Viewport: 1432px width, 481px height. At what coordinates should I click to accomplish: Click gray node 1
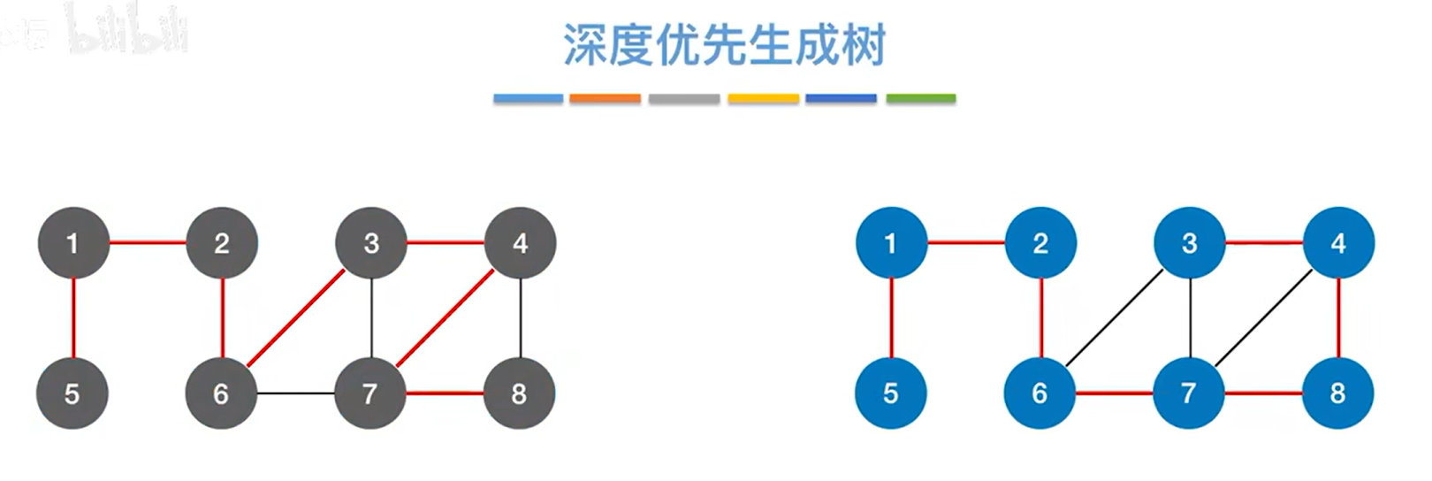pos(73,243)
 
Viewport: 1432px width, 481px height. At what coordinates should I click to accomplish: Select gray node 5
pos(72,393)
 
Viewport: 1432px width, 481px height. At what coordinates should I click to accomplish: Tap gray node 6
pos(221,393)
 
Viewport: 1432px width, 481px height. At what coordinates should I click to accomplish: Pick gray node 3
pos(371,243)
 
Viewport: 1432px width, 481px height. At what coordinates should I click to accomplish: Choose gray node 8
pos(520,393)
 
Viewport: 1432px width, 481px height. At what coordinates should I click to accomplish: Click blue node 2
pos(1040,243)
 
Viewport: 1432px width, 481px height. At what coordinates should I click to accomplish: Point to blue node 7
pos(1189,393)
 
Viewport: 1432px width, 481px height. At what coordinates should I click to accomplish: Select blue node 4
pos(1338,243)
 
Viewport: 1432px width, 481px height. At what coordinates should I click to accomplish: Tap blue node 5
pos(891,393)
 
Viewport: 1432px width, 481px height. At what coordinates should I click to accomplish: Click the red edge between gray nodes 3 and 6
pos(296,318)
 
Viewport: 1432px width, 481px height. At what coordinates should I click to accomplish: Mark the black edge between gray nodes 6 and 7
pos(295,393)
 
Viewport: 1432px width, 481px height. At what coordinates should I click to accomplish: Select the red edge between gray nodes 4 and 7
pos(446,318)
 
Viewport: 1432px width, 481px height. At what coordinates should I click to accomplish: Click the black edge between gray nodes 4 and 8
pos(521,318)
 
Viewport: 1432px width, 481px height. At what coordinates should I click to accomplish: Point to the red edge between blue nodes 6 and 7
pos(1115,393)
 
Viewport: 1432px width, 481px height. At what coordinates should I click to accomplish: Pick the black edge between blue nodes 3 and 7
pos(1191,318)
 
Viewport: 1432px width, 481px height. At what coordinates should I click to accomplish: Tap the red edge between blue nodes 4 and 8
pos(1339,318)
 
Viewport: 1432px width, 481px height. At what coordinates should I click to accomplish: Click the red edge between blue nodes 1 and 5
pos(891,318)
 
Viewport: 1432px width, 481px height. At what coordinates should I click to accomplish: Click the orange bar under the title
pos(606,99)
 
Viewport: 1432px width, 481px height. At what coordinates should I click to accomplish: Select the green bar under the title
pos(921,99)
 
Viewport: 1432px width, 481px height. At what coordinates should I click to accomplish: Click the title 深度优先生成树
pos(724,46)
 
